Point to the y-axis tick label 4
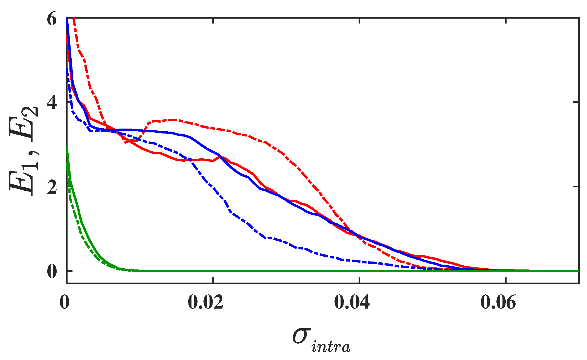52,104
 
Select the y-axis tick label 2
52,188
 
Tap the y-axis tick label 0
52,272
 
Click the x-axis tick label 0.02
205,302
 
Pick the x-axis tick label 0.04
352,302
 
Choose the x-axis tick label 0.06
498,302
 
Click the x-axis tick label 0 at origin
65,302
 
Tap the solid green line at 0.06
505,271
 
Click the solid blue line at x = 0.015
176,133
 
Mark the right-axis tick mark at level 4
576,102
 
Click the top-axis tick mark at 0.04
359,21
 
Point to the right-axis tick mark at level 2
576,186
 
